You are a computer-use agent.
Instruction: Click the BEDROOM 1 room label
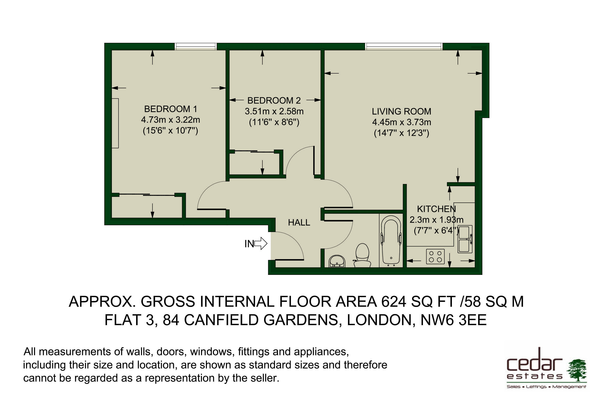(x=170, y=109)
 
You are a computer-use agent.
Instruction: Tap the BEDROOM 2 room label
(x=274, y=100)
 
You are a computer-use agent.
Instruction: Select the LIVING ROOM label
(x=401, y=111)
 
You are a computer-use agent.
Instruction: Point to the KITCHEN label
(x=436, y=209)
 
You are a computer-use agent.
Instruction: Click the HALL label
(x=299, y=222)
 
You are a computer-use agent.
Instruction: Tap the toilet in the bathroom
(x=362, y=255)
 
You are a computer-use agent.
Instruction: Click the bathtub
(x=391, y=240)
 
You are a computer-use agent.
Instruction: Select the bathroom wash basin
(x=337, y=261)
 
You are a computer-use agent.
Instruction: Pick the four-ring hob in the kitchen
(x=435, y=257)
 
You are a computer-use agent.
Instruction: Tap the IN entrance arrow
(x=261, y=243)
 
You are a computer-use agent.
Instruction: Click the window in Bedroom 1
(x=196, y=47)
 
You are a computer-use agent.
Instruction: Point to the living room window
(x=404, y=47)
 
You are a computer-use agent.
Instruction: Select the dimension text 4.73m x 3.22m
(x=170, y=120)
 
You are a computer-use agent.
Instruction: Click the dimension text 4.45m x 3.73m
(x=401, y=122)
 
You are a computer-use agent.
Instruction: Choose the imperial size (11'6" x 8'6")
(x=274, y=122)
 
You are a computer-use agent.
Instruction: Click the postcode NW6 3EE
(x=453, y=320)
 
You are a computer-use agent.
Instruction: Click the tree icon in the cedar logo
(x=577, y=370)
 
